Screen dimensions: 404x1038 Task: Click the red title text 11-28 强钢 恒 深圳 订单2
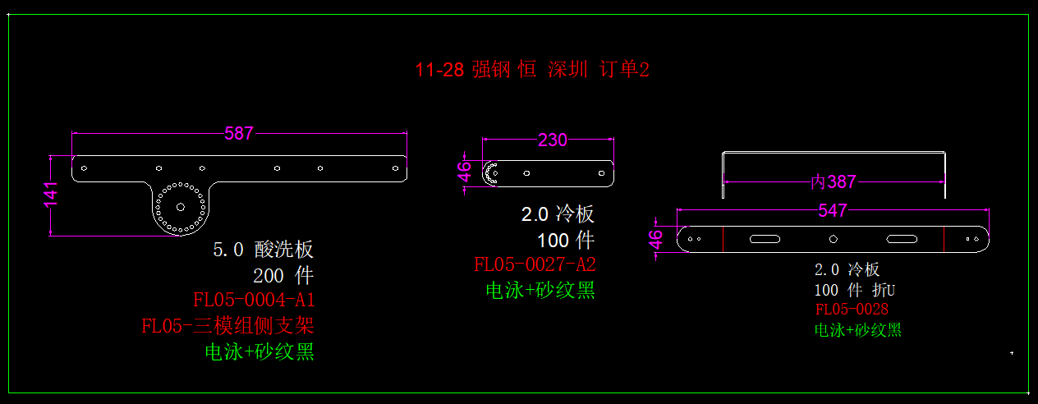pos(532,70)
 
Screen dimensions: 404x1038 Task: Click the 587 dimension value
pos(239,133)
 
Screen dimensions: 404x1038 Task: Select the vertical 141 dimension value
pos(51,195)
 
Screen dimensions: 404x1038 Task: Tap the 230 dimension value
pos(552,140)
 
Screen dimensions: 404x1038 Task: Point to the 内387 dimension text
pos(834,181)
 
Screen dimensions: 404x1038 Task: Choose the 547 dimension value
pos(833,211)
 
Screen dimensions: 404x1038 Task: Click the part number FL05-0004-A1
pos(254,298)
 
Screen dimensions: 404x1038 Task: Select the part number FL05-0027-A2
pos(535,264)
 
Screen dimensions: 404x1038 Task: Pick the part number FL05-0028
pos(852,310)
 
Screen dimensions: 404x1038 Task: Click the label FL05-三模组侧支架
pos(227,325)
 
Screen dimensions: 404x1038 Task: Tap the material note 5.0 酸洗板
pos(263,250)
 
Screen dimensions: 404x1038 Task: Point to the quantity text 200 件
pos(283,275)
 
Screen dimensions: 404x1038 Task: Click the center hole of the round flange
pos(181,206)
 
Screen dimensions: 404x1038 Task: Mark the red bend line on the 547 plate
pos(723,239)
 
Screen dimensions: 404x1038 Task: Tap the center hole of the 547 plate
pos(833,239)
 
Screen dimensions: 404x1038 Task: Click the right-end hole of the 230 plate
pos(601,173)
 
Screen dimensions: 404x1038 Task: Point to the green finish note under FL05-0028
pos(857,330)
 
